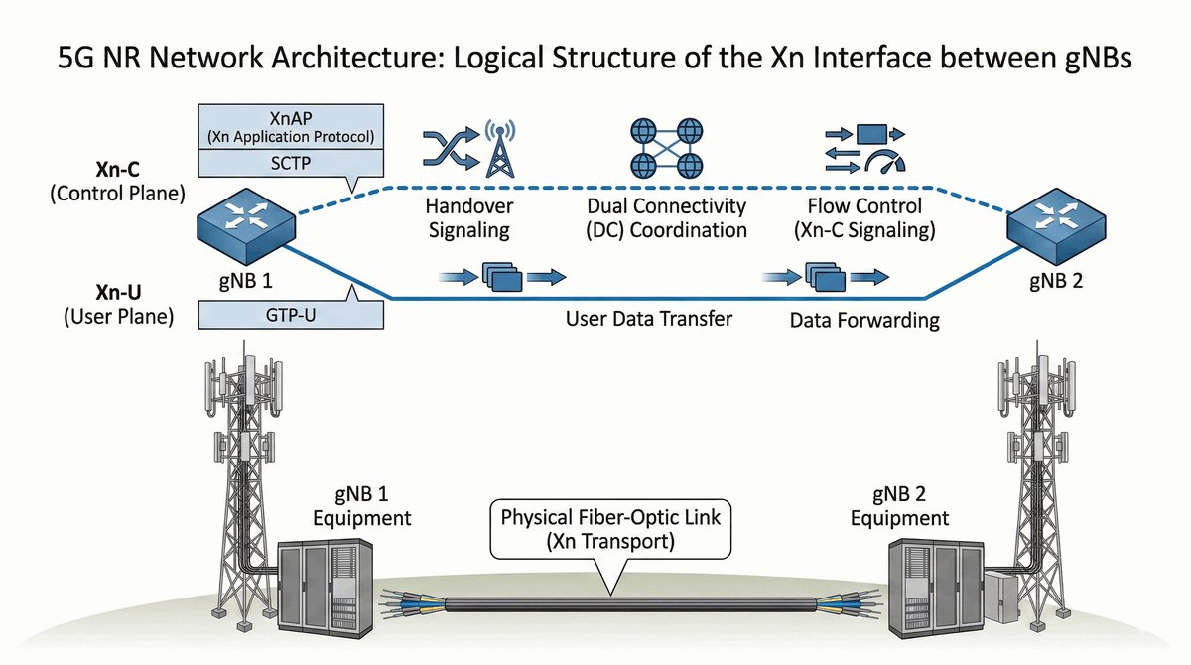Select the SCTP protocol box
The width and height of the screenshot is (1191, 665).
[x=292, y=163]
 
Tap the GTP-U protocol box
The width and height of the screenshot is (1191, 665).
[x=292, y=316]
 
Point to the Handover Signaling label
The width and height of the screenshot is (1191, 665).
[x=466, y=219]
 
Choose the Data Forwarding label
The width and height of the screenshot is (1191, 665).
[x=864, y=321]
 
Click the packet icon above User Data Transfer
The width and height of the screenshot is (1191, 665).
[x=500, y=276]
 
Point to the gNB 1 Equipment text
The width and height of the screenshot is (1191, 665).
[x=362, y=506]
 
